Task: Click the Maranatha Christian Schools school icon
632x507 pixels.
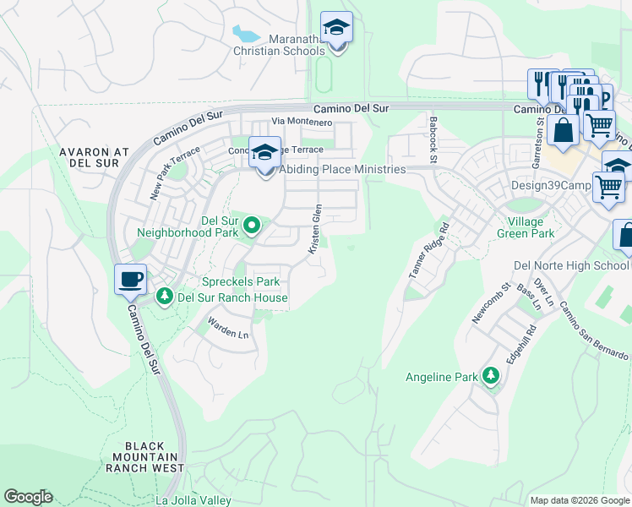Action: tap(336, 29)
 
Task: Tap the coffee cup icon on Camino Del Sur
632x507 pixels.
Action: tap(130, 280)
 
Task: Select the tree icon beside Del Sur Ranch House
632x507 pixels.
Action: tap(164, 297)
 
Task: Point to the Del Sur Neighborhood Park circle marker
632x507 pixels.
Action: tap(251, 225)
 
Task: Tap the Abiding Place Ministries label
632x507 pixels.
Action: tap(342, 169)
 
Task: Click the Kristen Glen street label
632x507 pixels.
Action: tap(314, 229)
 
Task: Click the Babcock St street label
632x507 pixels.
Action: tap(433, 140)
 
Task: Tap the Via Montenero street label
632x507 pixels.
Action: tap(301, 122)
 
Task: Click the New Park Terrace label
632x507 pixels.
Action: tap(176, 173)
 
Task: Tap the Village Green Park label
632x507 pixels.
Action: tap(525, 226)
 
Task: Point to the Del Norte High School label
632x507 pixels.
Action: tap(571, 265)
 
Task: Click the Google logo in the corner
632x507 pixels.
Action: tap(28, 497)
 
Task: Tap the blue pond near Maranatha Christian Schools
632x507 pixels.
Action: tap(247, 35)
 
